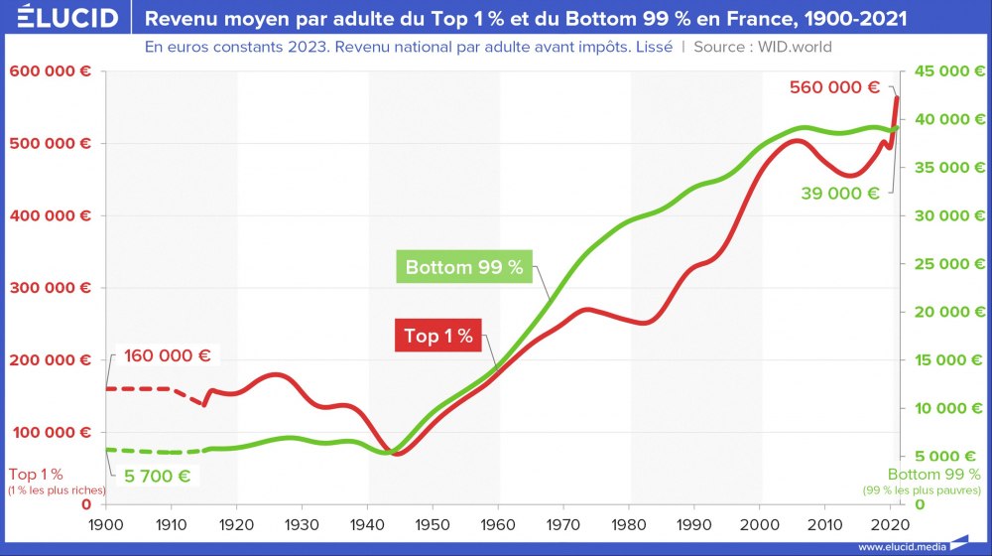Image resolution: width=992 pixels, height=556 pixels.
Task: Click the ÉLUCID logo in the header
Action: tap(62, 18)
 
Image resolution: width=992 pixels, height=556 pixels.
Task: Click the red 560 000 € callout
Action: tap(834, 86)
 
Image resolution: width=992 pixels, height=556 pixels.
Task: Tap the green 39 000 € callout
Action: tap(840, 194)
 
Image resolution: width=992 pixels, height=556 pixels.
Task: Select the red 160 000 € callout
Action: tap(168, 355)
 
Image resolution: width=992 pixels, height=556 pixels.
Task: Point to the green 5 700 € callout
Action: tap(156, 475)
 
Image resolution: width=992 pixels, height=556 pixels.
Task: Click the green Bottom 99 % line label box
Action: tap(463, 268)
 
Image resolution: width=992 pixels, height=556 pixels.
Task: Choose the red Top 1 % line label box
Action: tap(437, 336)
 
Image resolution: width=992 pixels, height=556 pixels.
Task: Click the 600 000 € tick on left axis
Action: tap(51, 71)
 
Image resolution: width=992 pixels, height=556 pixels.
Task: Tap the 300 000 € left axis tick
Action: tap(51, 288)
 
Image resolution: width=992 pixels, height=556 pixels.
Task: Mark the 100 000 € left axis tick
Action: tap(51, 432)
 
